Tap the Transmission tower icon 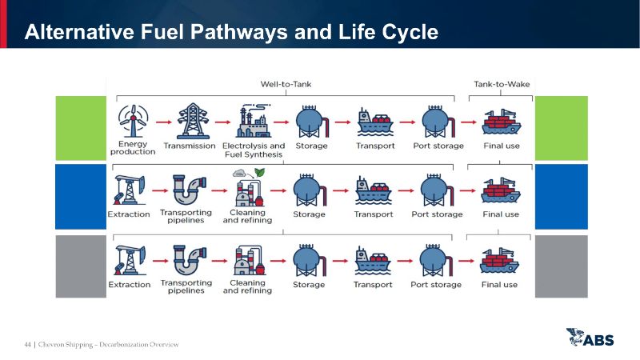[x=190, y=122]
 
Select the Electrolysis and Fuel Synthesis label [x=254, y=150]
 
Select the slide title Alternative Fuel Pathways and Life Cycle [x=231, y=33]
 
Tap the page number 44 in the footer [x=27, y=345]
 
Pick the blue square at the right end [x=561, y=196]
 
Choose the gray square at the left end [x=81, y=266]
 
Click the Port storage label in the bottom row [x=436, y=285]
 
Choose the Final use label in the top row [x=502, y=146]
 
